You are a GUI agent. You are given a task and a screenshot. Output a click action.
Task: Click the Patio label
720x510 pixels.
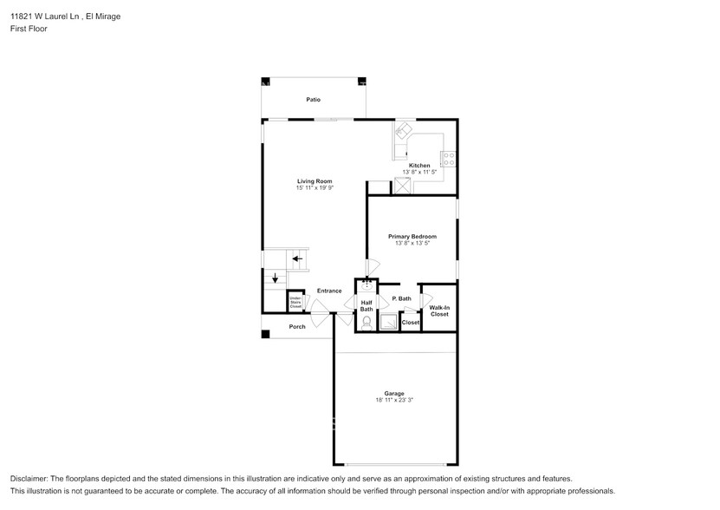(313, 100)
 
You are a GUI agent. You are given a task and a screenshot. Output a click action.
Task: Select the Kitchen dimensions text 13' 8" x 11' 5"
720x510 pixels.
(419, 173)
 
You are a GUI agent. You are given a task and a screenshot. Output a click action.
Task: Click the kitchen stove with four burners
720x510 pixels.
(450, 158)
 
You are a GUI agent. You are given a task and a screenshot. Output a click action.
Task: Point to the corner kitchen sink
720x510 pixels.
(405, 133)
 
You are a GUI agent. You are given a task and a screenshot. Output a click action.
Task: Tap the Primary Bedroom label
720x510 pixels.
(412, 236)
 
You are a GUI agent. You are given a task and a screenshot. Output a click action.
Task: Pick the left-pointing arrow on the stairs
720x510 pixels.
(296, 258)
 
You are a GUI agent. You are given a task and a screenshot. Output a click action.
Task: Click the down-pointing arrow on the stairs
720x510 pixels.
(275, 278)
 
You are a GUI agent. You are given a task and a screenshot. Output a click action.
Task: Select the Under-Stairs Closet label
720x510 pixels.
(295, 302)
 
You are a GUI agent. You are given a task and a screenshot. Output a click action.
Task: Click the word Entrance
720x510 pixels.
(328, 291)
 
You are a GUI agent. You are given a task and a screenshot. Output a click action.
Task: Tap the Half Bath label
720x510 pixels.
(366, 305)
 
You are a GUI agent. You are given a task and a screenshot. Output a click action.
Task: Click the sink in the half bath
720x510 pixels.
(366, 283)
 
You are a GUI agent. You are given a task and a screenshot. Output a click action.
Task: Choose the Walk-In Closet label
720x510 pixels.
(439, 310)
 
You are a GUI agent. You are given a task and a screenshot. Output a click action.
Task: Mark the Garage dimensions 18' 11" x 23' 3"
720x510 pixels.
(395, 400)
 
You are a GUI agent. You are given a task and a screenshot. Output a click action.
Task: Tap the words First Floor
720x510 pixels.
(29, 29)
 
